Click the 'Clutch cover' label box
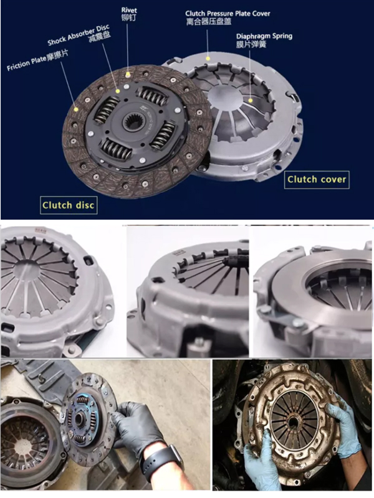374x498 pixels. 317,179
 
